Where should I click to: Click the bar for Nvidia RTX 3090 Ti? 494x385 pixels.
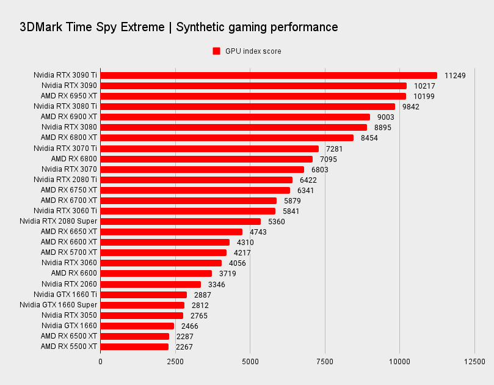click(x=269, y=76)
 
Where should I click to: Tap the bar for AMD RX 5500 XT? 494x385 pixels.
click(x=134, y=346)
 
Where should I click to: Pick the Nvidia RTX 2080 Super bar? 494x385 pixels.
click(x=181, y=221)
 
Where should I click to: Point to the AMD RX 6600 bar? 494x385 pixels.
click(x=156, y=273)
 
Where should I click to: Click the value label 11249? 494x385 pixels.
click(x=455, y=76)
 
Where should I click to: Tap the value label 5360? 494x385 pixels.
click(x=277, y=221)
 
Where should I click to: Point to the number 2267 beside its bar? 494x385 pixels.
click(x=184, y=346)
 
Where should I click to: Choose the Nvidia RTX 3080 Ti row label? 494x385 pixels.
click(x=65, y=106)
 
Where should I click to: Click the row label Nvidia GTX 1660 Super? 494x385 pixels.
click(x=59, y=305)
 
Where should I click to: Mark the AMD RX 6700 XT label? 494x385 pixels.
click(x=69, y=200)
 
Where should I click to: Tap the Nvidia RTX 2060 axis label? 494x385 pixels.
click(x=70, y=284)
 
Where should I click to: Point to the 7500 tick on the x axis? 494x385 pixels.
click(x=325, y=361)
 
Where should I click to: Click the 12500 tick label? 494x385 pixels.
click(x=474, y=361)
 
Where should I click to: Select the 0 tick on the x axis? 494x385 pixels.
click(x=101, y=361)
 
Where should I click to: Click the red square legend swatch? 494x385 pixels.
click(x=216, y=51)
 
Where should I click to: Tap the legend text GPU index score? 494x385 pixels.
click(x=253, y=51)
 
